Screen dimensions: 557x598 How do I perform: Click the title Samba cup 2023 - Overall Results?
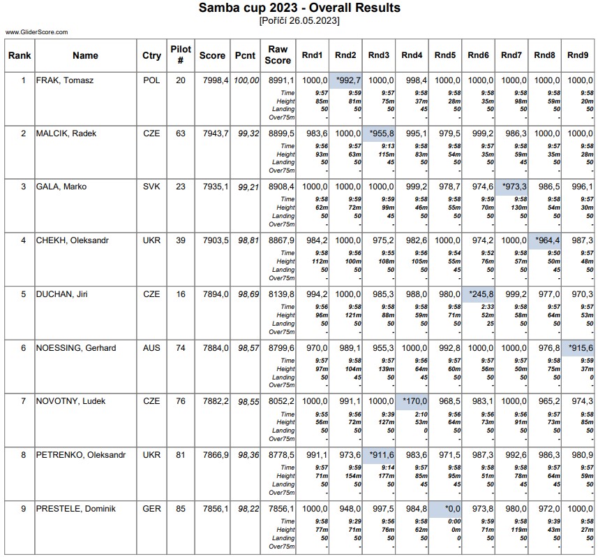tap(299, 8)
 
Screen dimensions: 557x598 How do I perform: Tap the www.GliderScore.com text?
tap(37, 32)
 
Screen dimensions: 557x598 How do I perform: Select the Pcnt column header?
tap(245, 55)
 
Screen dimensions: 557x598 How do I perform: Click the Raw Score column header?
tap(278, 55)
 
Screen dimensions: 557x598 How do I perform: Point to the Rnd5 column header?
tap(445, 55)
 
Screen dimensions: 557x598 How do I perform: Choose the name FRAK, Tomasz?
tap(65, 80)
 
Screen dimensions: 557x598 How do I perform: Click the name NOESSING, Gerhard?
tap(76, 348)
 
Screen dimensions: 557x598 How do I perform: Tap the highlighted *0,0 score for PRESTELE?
tap(445, 509)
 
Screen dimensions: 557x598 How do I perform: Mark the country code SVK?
tap(151, 187)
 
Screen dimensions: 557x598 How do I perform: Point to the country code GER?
tap(151, 509)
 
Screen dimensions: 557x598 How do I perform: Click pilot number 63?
tap(181, 133)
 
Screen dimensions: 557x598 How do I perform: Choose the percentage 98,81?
tap(245, 241)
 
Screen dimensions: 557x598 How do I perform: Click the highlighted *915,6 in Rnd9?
tap(578, 348)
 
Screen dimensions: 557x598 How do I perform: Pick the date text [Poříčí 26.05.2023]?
tap(299, 21)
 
